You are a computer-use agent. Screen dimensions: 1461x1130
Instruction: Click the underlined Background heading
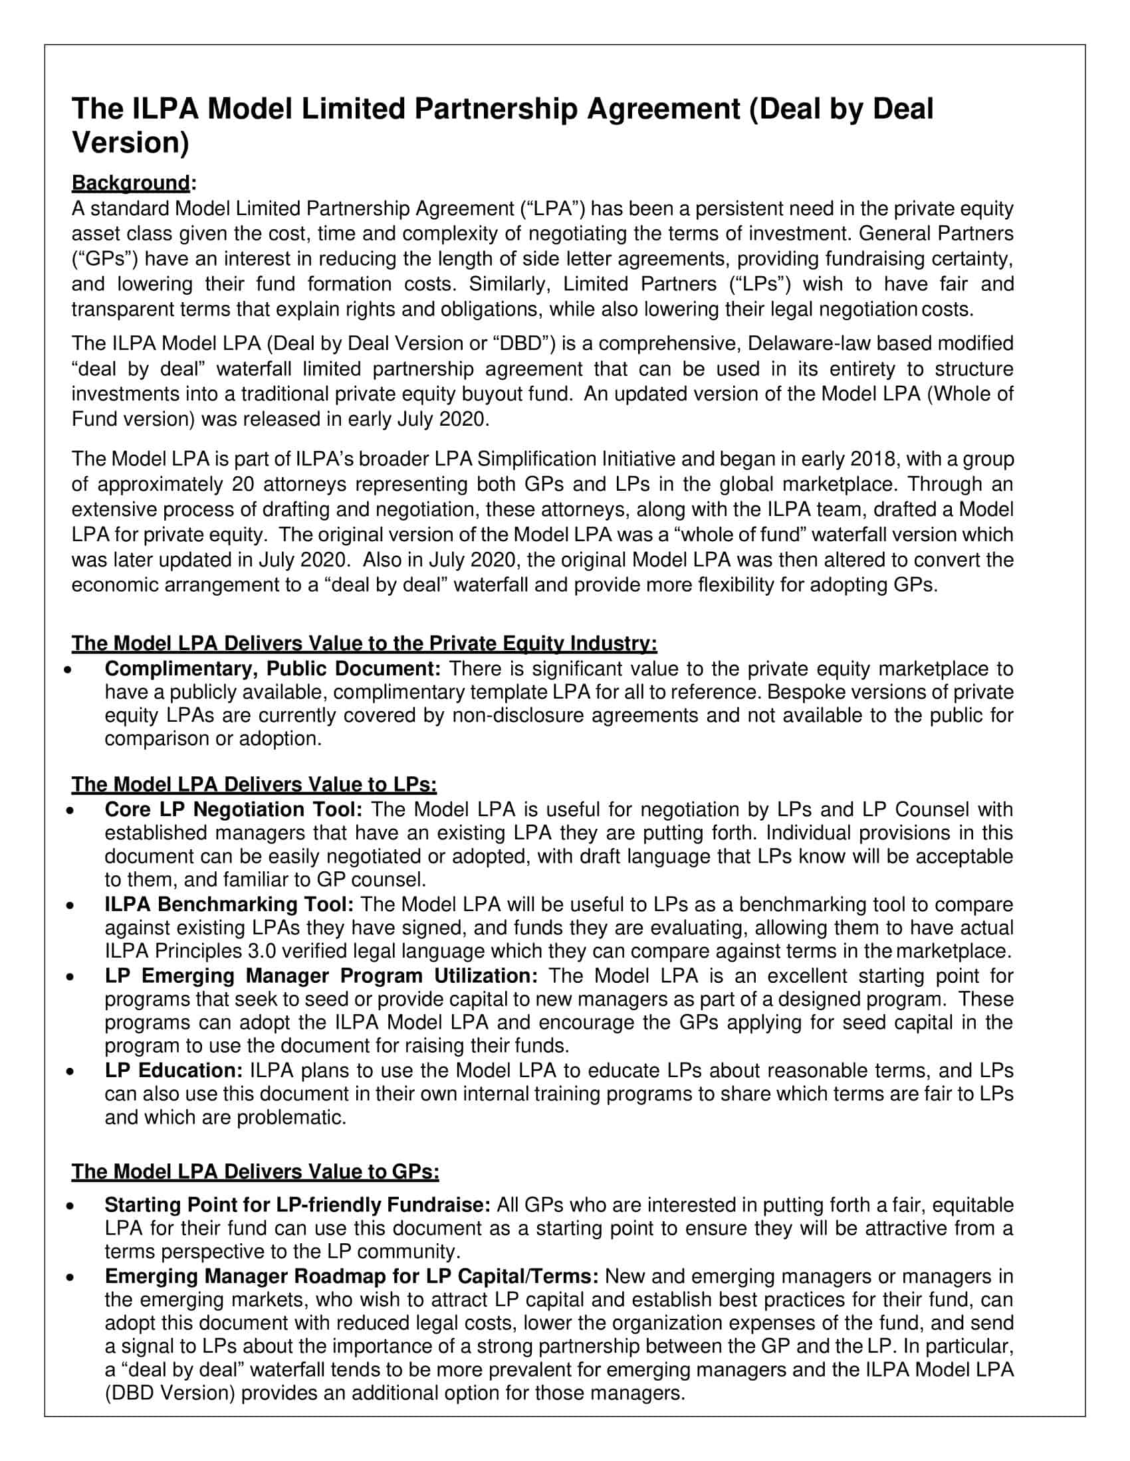tap(131, 183)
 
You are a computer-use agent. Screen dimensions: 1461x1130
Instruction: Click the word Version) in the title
tap(130, 143)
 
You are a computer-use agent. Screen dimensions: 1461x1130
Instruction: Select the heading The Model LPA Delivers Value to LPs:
tap(254, 784)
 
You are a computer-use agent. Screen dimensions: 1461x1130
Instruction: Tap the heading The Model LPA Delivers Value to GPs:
tap(255, 1171)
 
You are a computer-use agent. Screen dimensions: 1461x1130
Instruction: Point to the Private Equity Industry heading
tap(364, 644)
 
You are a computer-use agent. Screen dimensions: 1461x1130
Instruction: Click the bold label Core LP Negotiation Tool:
tap(233, 810)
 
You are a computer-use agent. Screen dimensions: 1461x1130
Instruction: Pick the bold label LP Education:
tap(174, 1071)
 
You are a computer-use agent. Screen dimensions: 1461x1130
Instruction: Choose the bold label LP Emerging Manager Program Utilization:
tap(321, 976)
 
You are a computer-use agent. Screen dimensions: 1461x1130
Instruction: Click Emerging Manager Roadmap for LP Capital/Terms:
tap(352, 1276)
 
